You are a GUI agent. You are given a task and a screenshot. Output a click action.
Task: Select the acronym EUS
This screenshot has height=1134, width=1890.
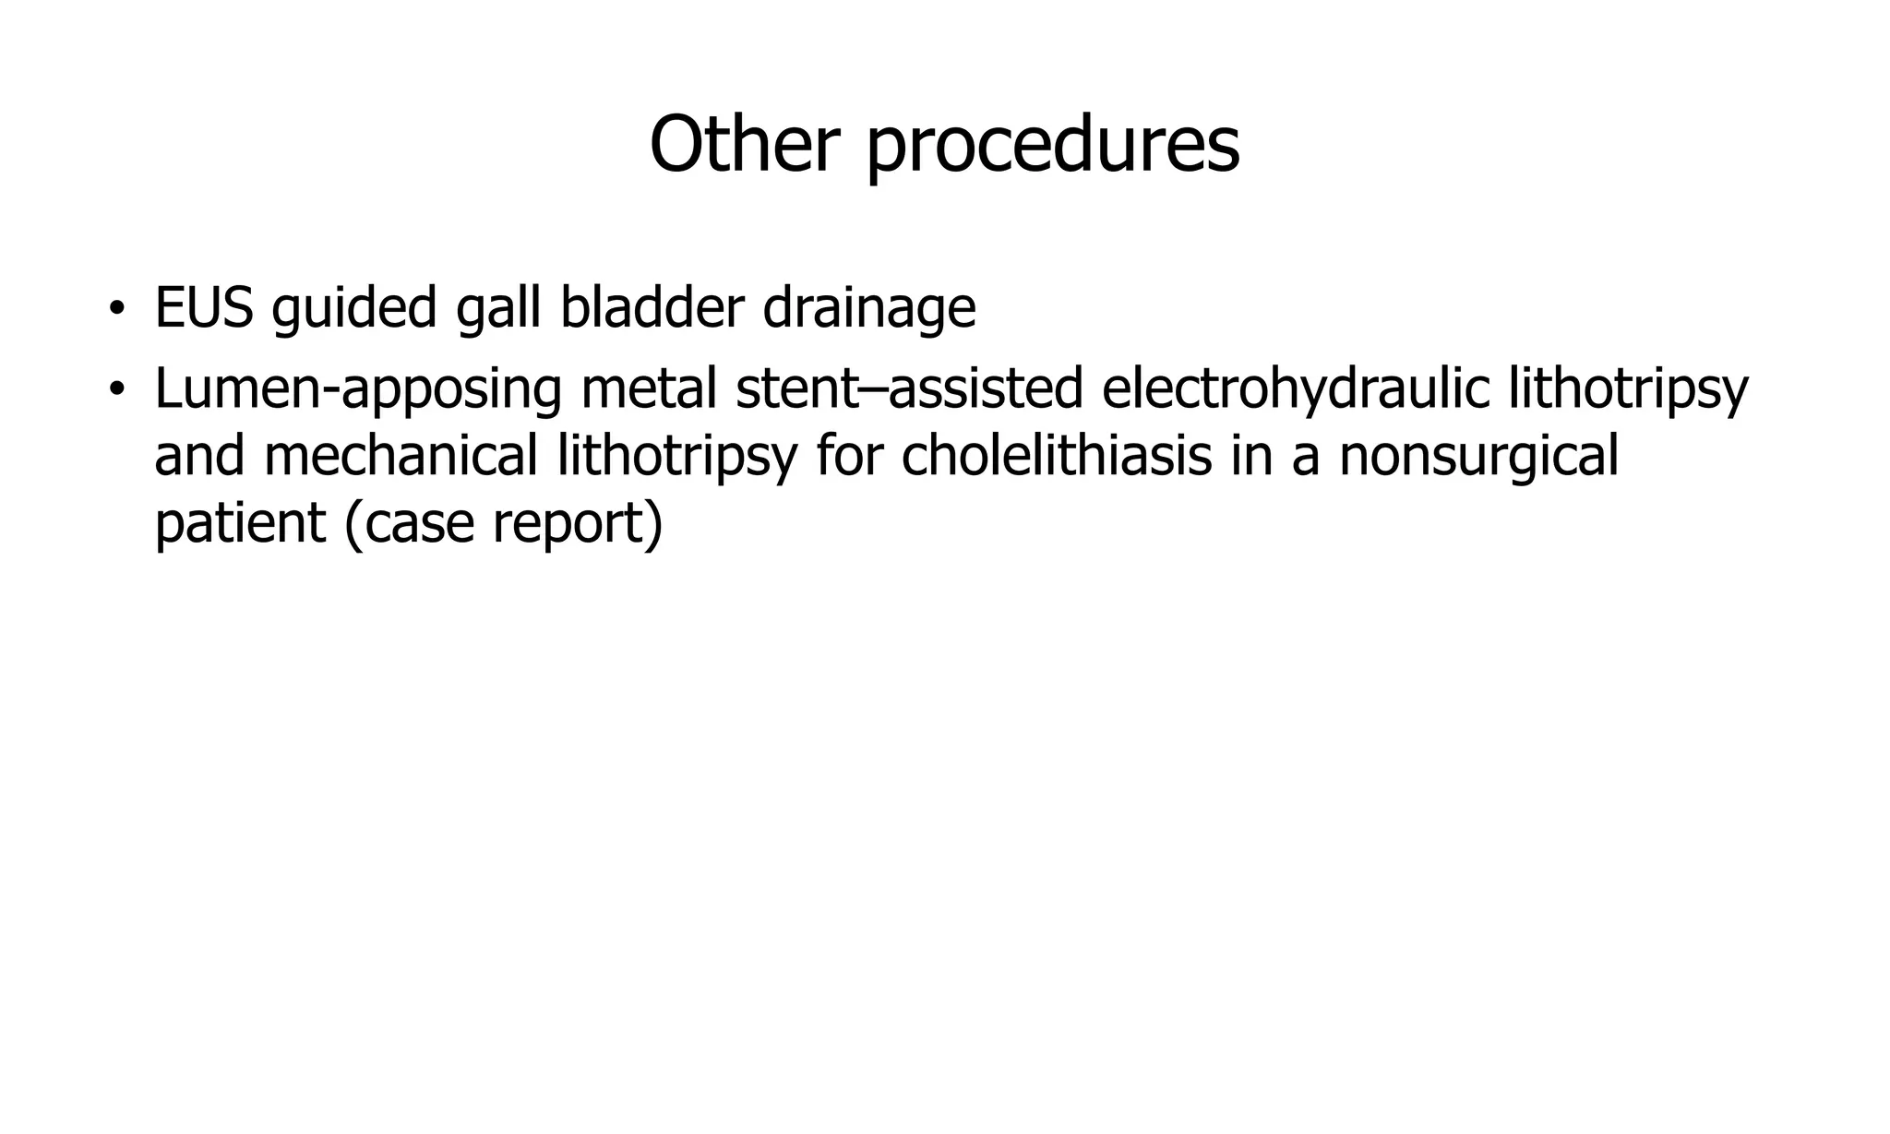pos(203,307)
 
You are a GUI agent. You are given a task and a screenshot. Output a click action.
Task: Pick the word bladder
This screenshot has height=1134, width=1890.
pos(652,307)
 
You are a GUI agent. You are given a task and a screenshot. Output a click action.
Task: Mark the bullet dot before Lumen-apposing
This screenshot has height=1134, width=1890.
pos(115,389)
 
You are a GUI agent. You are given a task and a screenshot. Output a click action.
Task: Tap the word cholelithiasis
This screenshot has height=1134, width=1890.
pos(1056,456)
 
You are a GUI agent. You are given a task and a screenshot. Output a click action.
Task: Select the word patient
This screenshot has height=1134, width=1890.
pos(240,523)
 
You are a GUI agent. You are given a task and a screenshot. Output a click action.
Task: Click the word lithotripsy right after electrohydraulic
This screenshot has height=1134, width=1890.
pos(1628,388)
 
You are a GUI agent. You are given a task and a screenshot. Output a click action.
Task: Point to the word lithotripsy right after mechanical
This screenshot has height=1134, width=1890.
pos(676,456)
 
